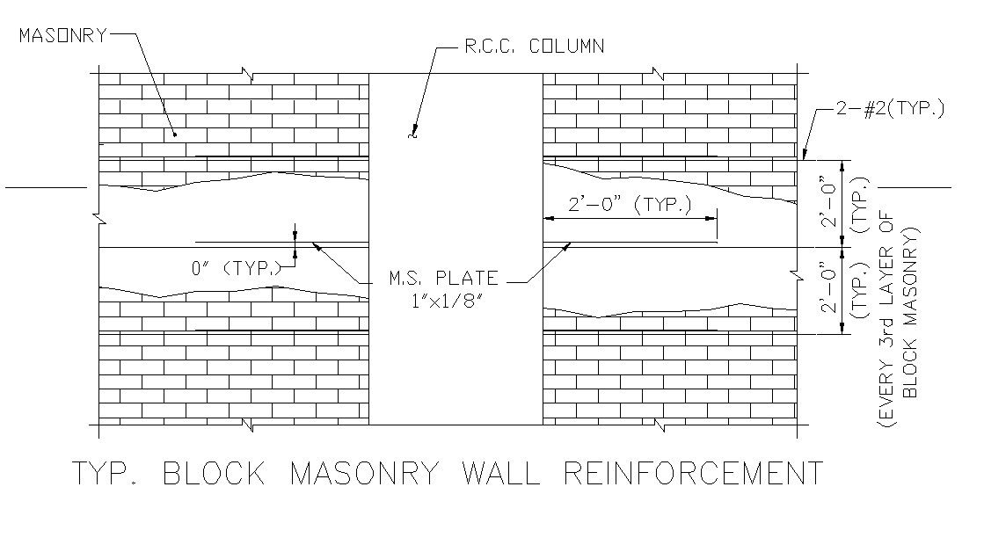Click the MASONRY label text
(x=62, y=35)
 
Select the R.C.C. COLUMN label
(x=534, y=47)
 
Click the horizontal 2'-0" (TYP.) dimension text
(x=630, y=205)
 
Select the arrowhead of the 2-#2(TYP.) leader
(x=805, y=157)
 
